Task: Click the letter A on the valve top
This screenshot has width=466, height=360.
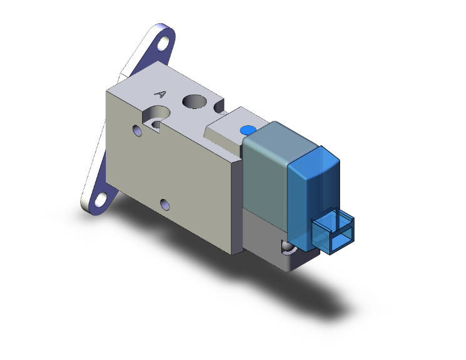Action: pos(160,95)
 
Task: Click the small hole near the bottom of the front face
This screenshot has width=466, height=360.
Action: pos(164,204)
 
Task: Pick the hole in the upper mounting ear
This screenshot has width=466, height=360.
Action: pos(164,46)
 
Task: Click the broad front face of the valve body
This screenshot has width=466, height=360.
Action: pos(175,169)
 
